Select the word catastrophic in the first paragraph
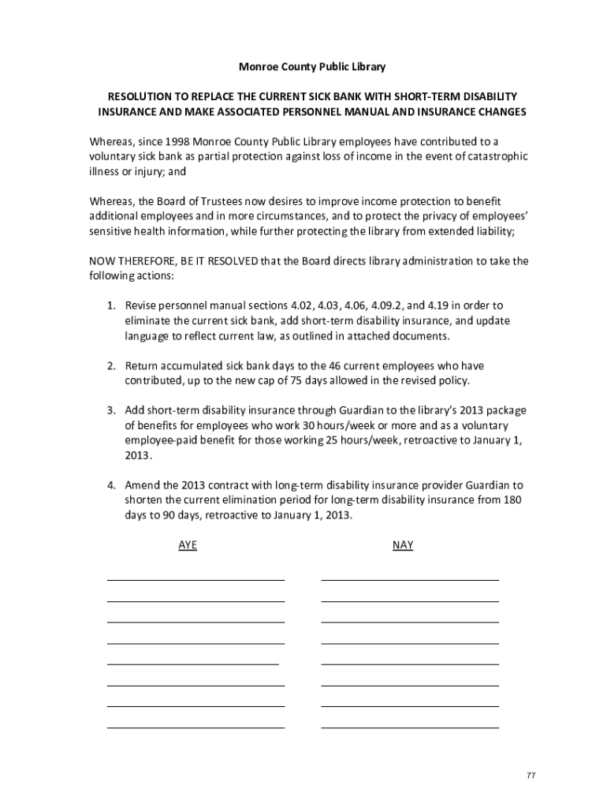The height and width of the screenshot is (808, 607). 493,156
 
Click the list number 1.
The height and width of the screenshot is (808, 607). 112,305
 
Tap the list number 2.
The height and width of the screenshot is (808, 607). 112,365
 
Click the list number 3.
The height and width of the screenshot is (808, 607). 112,410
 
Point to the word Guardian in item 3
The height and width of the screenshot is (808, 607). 342,410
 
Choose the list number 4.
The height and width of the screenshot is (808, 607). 112,485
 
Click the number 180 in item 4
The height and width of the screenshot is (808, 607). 513,500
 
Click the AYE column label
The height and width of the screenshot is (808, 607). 188,545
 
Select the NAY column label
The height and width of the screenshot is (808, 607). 402,545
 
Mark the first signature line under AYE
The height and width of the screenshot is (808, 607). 196,580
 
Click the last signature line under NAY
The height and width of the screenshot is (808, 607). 410,727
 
